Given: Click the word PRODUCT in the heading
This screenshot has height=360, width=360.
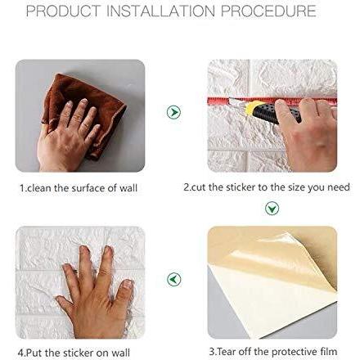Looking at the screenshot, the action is point(63,11).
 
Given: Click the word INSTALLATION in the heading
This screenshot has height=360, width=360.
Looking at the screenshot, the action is point(160,11).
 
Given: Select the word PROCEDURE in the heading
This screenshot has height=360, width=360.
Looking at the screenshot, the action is point(268,11).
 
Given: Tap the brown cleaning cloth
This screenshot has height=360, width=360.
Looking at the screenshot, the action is point(84,109).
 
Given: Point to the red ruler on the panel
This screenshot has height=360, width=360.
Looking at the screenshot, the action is point(272,101).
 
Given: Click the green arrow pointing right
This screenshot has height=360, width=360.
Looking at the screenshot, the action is point(173,112).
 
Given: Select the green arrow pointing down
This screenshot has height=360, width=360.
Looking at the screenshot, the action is point(272,209).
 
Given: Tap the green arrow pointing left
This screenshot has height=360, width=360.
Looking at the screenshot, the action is point(173,279).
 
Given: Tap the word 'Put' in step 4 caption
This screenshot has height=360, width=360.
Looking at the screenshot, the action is point(34,353).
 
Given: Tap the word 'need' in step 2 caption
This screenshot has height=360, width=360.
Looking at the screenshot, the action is point(339,187).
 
